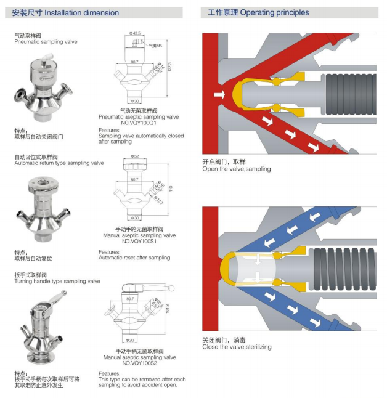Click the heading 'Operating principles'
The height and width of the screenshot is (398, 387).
pyautogui.click(x=274, y=12)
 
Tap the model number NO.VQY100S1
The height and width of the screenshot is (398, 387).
pyautogui.click(x=139, y=240)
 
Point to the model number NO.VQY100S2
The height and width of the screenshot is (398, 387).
pyautogui.click(x=139, y=362)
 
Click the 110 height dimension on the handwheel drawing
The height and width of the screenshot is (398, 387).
pyautogui.click(x=171, y=189)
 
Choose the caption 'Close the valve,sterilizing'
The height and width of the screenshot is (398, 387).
pyautogui.click(x=237, y=347)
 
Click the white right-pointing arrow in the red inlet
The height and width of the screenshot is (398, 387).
pyautogui.click(x=218, y=95)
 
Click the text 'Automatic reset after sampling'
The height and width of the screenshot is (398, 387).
pyautogui.click(x=134, y=258)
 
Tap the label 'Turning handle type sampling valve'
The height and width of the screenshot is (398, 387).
pyautogui.click(x=57, y=281)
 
